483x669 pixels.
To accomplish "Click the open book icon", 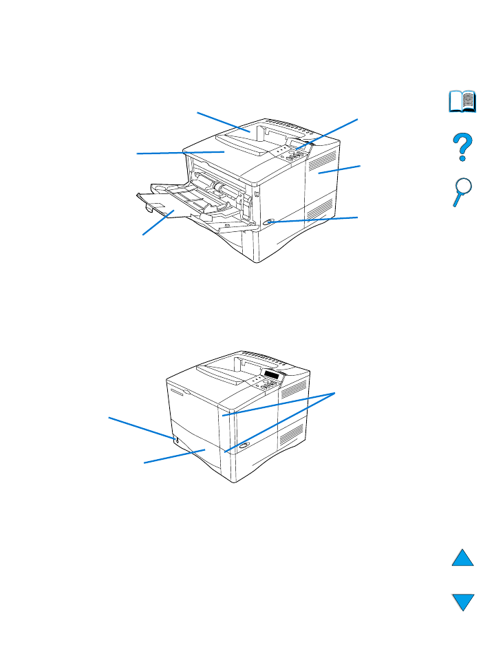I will pos(462,103).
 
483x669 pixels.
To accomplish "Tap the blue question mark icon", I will pos(462,148).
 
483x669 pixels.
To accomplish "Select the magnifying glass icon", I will pos(462,192).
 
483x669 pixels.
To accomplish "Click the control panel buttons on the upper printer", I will pos(294,155).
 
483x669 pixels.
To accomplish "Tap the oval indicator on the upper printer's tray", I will pos(269,222).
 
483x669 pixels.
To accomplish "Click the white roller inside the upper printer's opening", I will pos(219,187).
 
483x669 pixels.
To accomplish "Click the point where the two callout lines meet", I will pos(336,393).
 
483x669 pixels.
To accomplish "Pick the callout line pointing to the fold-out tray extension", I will pos(157,224).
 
